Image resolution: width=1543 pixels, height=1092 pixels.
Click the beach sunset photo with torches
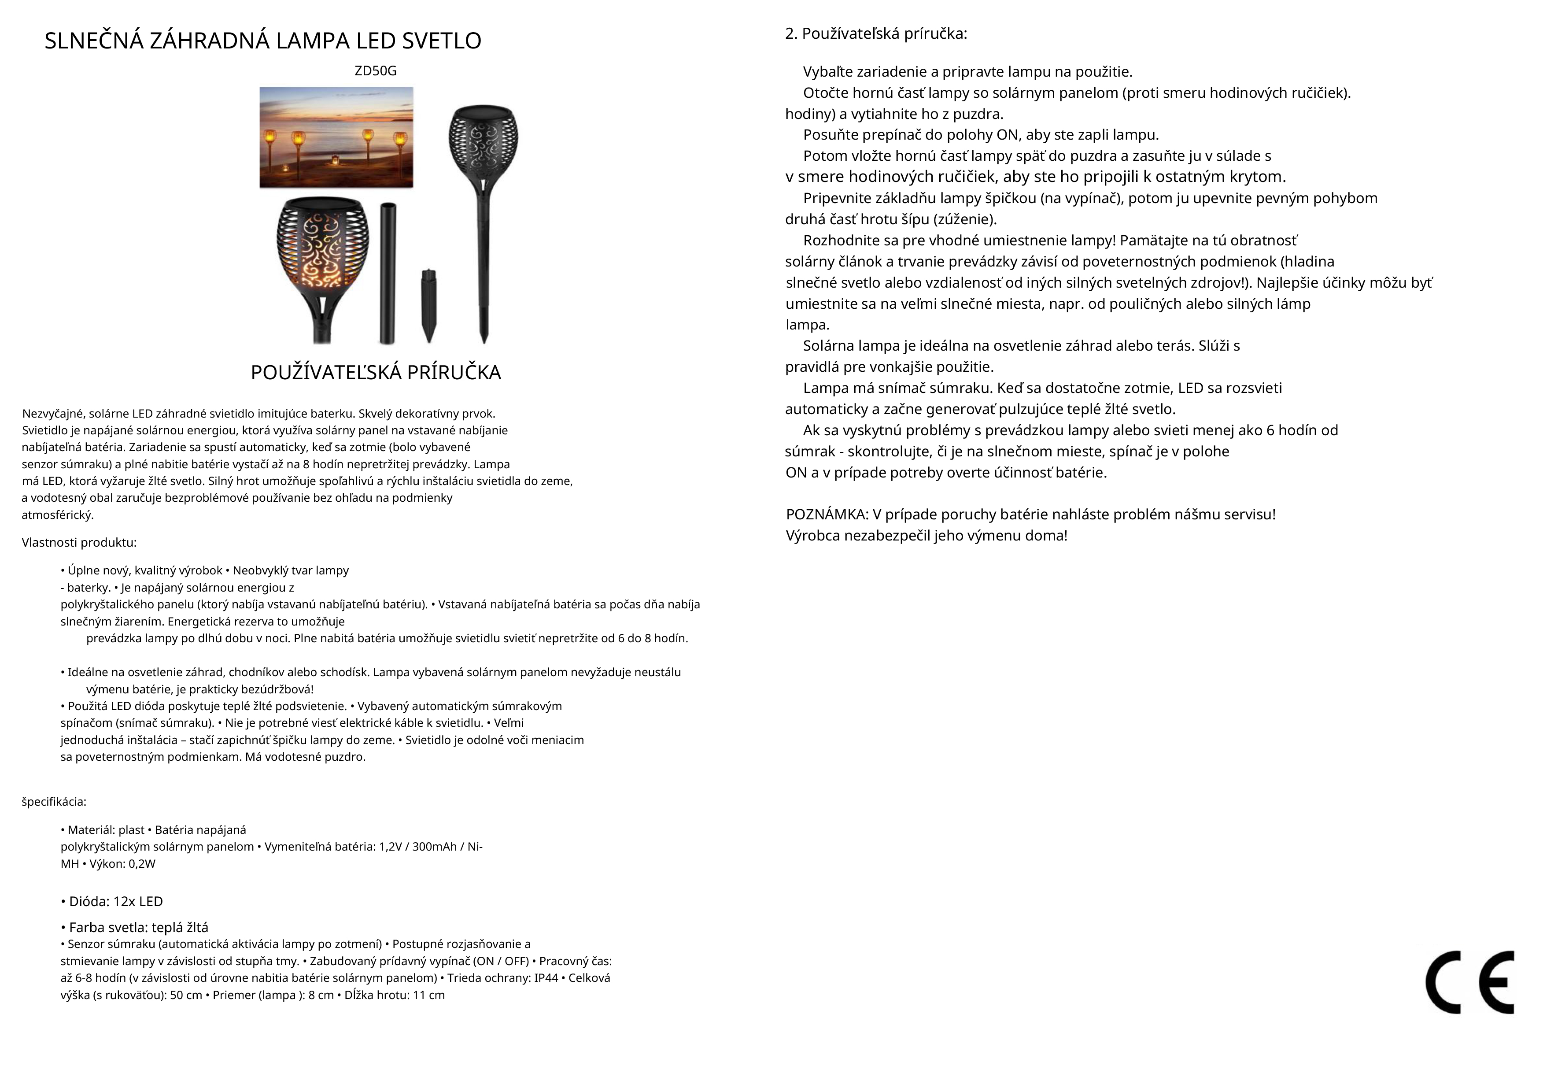click(x=336, y=137)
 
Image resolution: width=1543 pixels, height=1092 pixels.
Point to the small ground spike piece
click(x=428, y=305)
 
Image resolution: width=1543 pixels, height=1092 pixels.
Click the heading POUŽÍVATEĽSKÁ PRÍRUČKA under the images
click(x=376, y=373)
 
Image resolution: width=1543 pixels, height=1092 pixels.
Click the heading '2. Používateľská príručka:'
click(x=876, y=33)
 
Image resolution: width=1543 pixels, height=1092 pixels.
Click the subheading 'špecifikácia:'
click(x=54, y=802)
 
